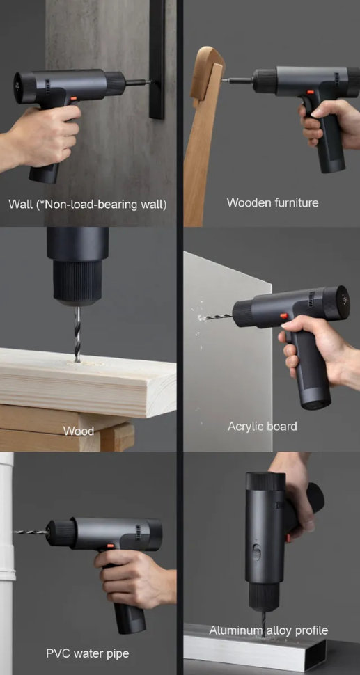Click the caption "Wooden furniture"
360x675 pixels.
click(272, 202)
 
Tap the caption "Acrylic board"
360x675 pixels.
click(262, 426)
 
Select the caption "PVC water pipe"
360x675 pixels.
click(87, 653)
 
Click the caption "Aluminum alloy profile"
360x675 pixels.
click(268, 630)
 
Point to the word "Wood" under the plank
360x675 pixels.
click(78, 431)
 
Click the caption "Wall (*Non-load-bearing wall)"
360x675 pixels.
click(87, 204)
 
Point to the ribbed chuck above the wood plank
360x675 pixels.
click(77, 282)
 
